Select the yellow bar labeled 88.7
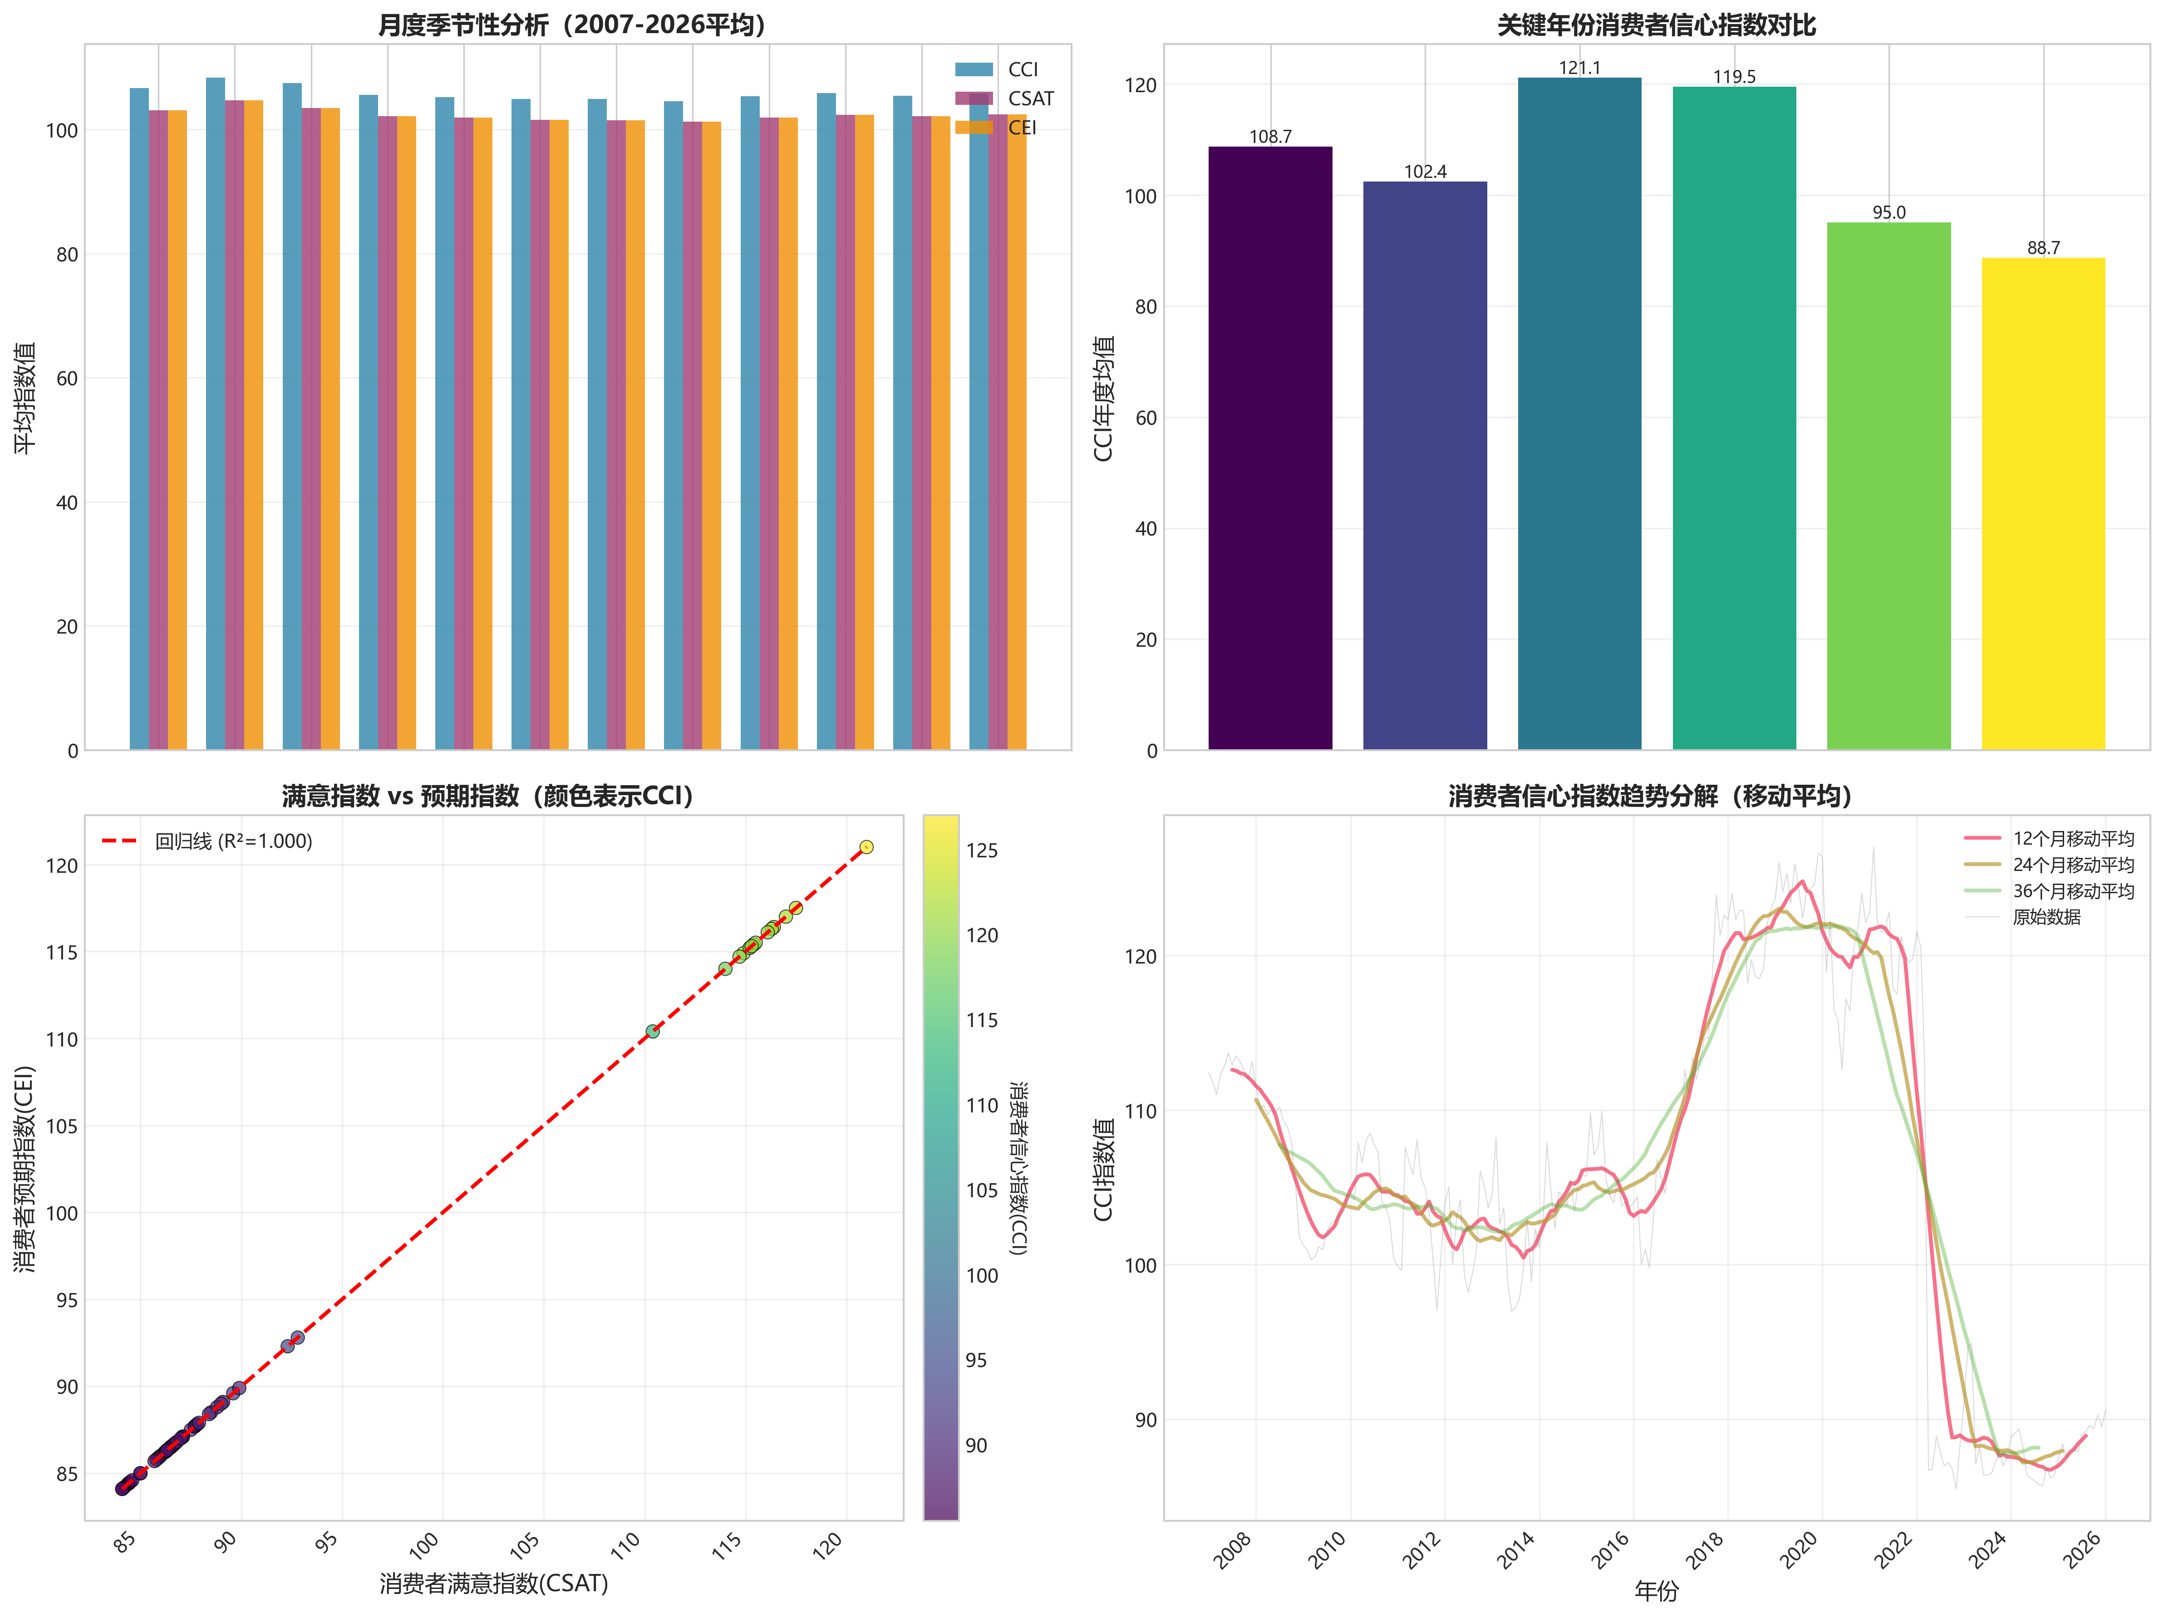click(2043, 504)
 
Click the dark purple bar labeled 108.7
click(1270, 448)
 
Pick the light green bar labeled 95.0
click(1888, 486)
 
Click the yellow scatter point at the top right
click(866, 847)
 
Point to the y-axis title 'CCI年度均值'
click(1103, 398)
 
